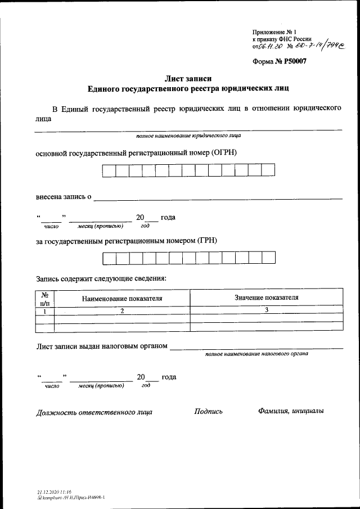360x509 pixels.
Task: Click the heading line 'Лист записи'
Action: coord(188,78)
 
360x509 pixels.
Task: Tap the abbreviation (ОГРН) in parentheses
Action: coord(225,152)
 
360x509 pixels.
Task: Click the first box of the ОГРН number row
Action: coord(109,170)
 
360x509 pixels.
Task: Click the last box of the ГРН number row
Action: coord(269,258)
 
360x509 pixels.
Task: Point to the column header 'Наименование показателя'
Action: coord(122,299)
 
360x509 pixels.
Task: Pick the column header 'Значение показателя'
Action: coord(266,298)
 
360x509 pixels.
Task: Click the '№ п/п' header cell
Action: coord(44,299)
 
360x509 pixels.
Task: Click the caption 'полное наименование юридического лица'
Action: coord(189,136)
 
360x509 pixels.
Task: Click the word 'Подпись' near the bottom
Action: coord(208,411)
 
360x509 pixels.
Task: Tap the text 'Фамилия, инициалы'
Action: coord(291,411)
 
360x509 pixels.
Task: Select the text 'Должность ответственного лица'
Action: coord(94,412)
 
